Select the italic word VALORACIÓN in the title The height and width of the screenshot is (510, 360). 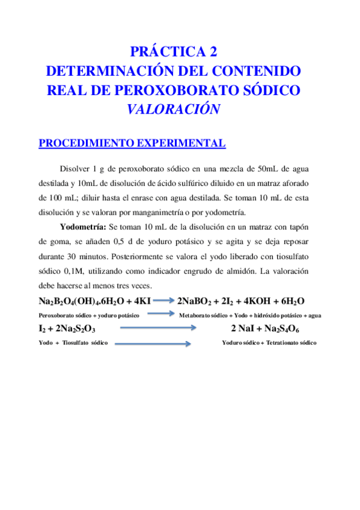click(173, 110)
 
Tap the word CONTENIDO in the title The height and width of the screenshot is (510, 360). click(257, 71)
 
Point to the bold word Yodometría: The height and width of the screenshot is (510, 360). click(82, 226)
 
